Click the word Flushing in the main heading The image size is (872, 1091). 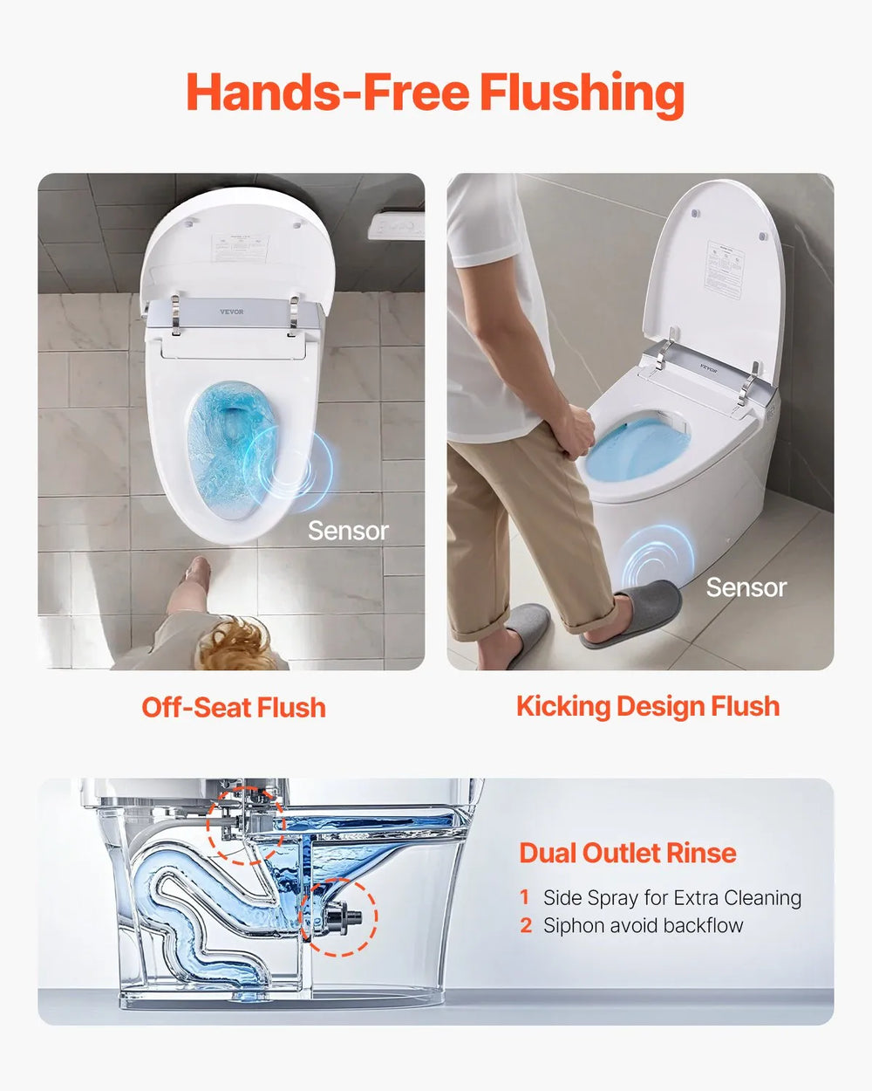pyautogui.click(x=582, y=93)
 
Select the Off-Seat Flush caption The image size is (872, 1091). pyautogui.click(x=234, y=707)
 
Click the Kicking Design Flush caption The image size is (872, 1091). pyautogui.click(x=648, y=706)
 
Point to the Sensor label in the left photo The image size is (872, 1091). pyautogui.click(x=348, y=531)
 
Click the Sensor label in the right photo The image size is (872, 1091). pyautogui.click(x=746, y=587)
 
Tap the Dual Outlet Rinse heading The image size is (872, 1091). pyautogui.click(x=628, y=853)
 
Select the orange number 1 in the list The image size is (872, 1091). pyautogui.click(x=525, y=897)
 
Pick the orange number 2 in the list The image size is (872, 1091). pyautogui.click(x=526, y=925)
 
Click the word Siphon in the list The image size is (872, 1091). pyautogui.click(x=571, y=925)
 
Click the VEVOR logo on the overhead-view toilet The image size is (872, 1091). pyautogui.click(x=232, y=312)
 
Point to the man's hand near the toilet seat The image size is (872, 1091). pyautogui.click(x=576, y=429)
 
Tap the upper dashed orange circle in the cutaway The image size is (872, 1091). pyautogui.click(x=245, y=825)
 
